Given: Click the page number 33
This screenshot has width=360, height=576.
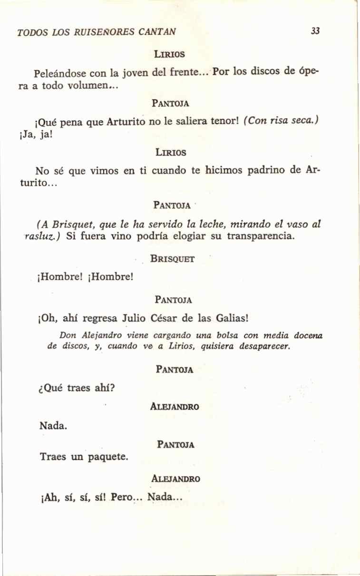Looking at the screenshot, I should coord(315,31).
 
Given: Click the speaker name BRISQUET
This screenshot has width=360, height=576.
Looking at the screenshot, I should coord(172,259).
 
